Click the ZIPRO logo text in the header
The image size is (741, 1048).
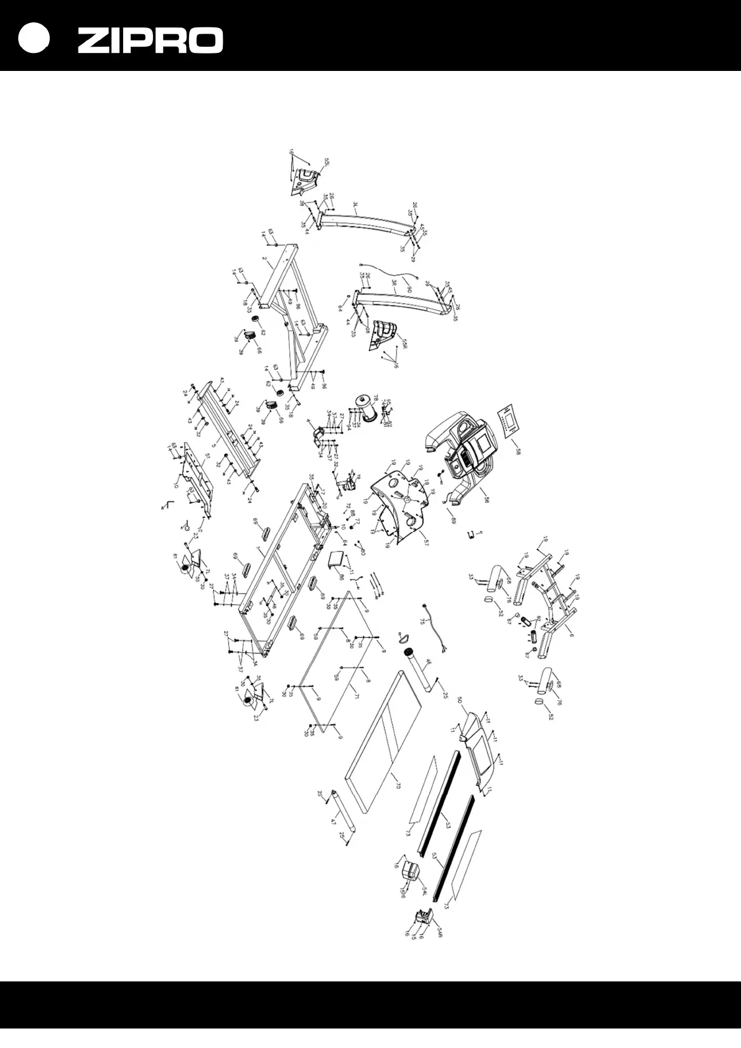150,40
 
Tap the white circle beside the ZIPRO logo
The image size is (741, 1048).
33,39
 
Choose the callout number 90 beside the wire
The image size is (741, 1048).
409,289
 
